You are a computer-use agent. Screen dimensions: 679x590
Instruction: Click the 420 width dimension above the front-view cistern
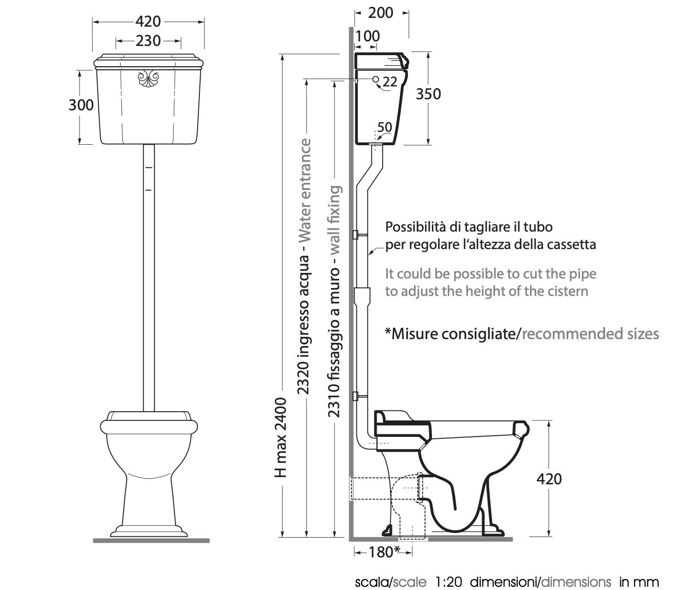(x=148, y=22)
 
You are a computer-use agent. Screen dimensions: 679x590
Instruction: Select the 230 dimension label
(x=148, y=41)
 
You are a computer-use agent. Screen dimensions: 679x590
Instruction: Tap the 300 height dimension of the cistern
(x=81, y=105)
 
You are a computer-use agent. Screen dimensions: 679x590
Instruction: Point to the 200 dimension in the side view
(x=381, y=13)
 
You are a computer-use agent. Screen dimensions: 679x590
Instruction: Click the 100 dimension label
(x=368, y=36)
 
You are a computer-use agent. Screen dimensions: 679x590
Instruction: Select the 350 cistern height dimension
(x=429, y=94)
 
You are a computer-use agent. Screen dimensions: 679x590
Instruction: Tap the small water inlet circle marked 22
(x=376, y=79)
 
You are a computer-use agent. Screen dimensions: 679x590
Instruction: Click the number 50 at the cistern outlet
(x=385, y=127)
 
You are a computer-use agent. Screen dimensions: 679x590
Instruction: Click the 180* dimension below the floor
(x=385, y=552)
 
